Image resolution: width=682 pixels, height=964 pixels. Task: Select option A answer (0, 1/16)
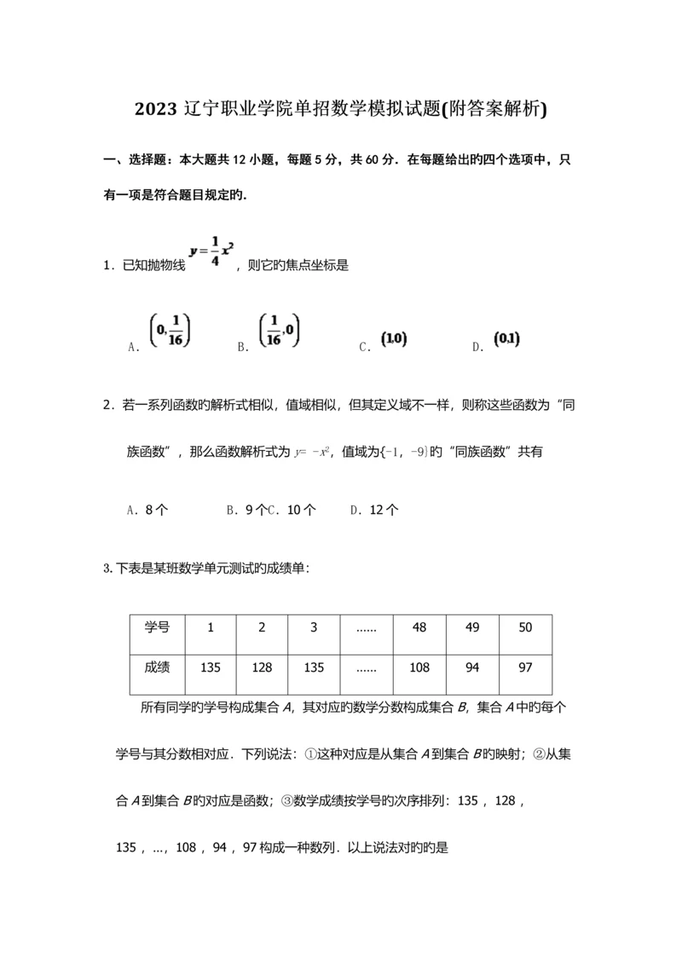(x=169, y=332)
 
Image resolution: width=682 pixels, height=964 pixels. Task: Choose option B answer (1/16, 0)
(x=280, y=330)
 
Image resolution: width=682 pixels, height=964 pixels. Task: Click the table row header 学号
(x=157, y=628)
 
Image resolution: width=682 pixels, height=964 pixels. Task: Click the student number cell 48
(x=419, y=628)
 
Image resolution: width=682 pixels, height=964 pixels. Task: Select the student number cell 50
(x=525, y=628)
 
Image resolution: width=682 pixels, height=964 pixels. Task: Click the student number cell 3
(x=314, y=628)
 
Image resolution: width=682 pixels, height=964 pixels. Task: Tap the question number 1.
(x=107, y=266)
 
